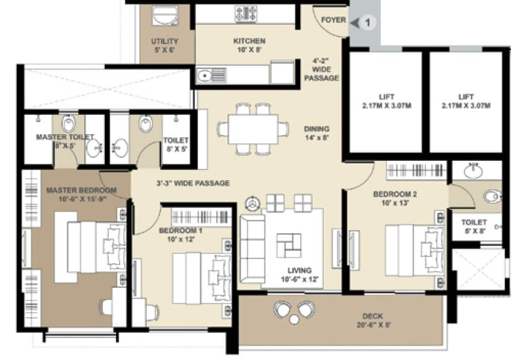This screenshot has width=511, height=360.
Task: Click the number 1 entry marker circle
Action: (367, 23)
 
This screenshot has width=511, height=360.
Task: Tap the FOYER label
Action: (334, 20)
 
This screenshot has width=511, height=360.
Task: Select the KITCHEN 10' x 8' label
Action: (249, 45)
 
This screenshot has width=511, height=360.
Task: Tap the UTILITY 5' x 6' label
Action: (164, 45)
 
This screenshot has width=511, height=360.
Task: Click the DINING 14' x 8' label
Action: (316, 133)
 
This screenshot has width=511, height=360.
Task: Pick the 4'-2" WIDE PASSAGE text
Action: (325, 70)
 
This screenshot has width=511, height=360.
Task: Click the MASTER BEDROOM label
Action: (81, 194)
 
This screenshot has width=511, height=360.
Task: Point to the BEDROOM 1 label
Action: (180, 235)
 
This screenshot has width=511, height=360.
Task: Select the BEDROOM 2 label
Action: (395, 198)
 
